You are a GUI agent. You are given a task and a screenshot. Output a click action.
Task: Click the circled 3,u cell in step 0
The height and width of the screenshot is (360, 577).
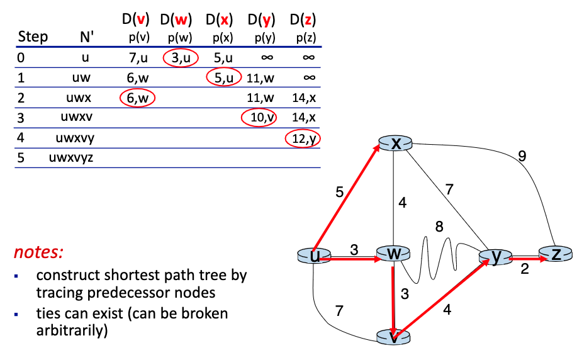tap(181, 59)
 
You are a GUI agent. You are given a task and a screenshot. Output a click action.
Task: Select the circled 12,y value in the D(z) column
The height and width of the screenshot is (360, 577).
tap(303, 138)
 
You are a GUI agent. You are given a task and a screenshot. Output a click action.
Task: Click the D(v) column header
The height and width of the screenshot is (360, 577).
tap(135, 20)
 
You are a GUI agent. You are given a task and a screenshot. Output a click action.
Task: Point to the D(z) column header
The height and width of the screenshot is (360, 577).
tap(303, 20)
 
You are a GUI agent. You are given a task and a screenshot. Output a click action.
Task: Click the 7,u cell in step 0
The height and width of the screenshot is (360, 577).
tap(135, 59)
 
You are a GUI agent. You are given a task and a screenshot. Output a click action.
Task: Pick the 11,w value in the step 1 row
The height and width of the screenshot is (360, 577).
tap(260, 79)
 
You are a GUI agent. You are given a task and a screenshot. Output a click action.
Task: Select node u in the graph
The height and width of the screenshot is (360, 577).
tap(313, 256)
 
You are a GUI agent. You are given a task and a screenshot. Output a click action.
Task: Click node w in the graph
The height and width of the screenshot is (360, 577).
tap(393, 254)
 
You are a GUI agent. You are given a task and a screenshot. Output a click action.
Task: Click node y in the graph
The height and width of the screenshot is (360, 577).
tap(495, 257)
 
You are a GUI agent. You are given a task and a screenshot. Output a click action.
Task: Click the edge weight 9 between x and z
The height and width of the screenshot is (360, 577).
tap(522, 156)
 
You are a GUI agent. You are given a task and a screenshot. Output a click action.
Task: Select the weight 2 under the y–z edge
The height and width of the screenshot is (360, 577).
tap(524, 271)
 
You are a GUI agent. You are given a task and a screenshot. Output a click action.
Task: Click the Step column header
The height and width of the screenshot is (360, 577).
tap(33, 37)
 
